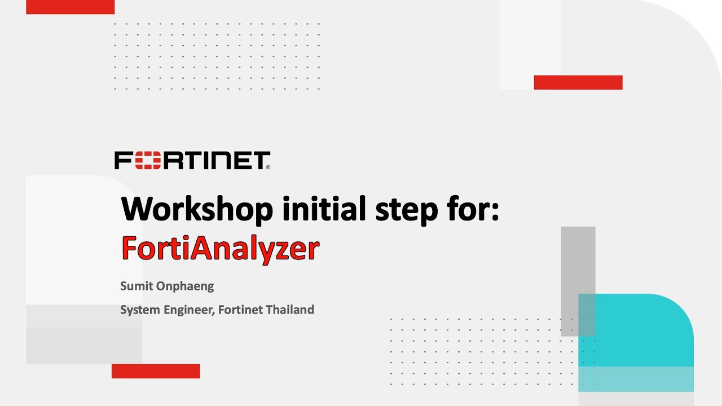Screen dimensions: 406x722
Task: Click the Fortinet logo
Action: tap(192, 160)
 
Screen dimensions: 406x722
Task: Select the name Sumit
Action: tap(135, 286)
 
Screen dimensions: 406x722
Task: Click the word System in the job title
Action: tap(138, 310)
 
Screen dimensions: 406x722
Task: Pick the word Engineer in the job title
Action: tap(188, 310)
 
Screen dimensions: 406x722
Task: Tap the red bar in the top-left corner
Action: tap(70, 7)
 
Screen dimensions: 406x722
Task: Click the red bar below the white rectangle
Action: tap(578, 82)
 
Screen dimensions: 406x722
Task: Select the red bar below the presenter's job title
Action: tap(156, 371)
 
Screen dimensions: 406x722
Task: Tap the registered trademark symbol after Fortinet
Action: tap(268, 167)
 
